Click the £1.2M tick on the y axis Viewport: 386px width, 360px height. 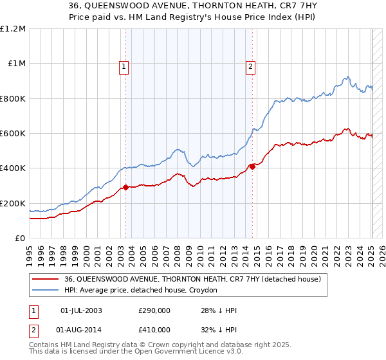[x=13, y=28]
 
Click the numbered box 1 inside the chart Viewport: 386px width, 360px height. [x=123, y=65]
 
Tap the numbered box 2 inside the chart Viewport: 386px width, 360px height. [x=250, y=65]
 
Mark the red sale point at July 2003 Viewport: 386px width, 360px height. [x=125, y=188]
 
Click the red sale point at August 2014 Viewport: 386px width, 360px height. [x=252, y=166]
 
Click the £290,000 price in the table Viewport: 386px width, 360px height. [x=154, y=310]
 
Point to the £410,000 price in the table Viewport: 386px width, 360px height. [x=154, y=329]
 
